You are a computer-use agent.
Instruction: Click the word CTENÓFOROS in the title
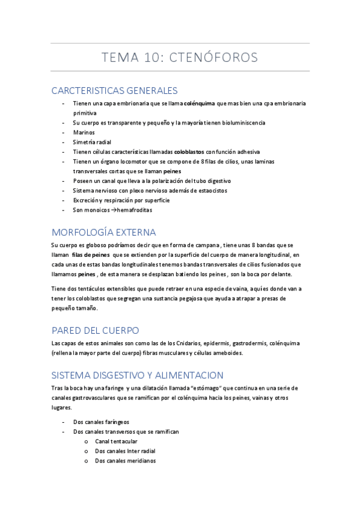(x=213, y=58)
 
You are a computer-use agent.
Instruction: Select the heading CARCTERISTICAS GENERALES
(x=115, y=91)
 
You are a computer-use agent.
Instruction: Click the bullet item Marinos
(x=84, y=132)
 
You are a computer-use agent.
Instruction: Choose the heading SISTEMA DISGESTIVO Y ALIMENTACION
(x=138, y=374)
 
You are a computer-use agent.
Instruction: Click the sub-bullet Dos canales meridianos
(x=125, y=461)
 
